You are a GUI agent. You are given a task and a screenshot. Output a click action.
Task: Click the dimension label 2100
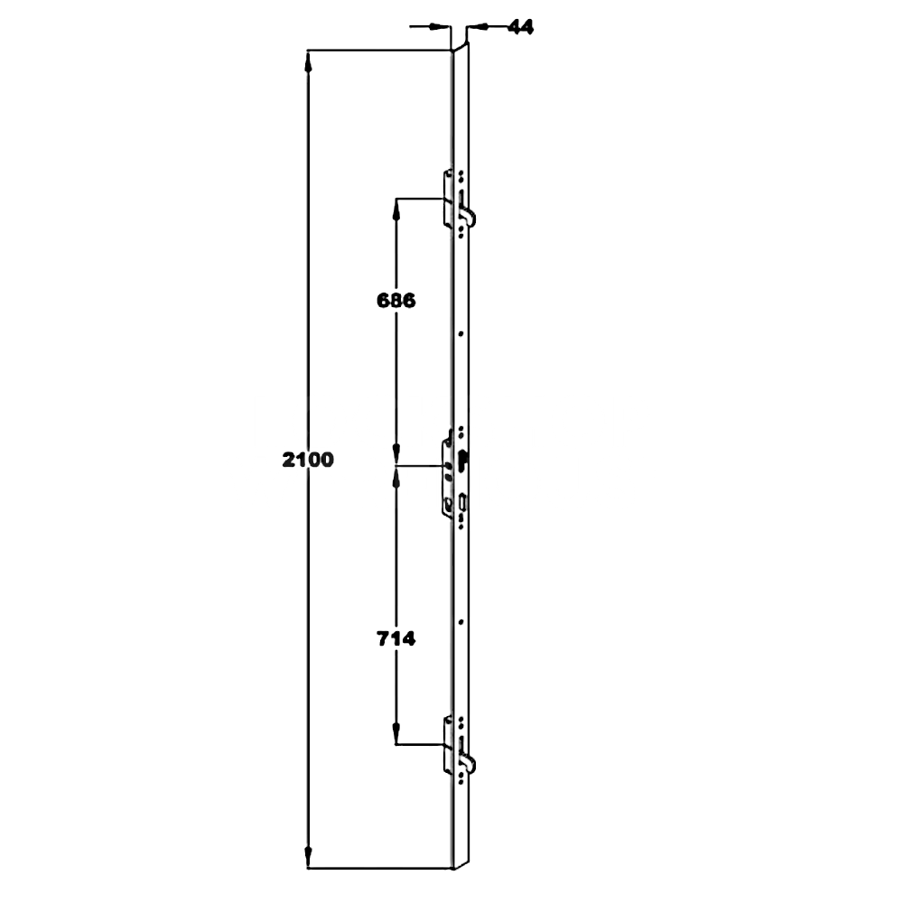(x=308, y=460)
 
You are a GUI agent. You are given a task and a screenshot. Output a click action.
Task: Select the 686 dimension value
(x=396, y=302)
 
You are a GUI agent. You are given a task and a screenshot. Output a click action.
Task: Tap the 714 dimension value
(x=396, y=639)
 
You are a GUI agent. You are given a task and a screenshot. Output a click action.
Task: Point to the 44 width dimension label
(x=519, y=27)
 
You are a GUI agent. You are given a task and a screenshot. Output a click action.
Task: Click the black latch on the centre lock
(x=463, y=458)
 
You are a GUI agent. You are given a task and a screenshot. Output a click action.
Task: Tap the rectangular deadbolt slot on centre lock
(x=462, y=499)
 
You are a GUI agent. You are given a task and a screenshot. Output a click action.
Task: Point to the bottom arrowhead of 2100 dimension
(x=309, y=858)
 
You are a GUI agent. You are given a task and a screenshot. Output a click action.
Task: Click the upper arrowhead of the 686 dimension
(x=396, y=208)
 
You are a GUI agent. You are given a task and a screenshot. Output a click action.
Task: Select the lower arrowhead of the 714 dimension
(x=396, y=734)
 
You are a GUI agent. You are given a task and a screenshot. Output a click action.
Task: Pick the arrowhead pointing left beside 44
(x=477, y=28)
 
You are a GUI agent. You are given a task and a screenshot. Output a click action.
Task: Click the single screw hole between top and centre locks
(x=461, y=335)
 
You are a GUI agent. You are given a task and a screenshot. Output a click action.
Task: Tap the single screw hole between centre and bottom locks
(x=461, y=622)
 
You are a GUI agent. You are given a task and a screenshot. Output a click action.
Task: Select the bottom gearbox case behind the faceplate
(x=448, y=745)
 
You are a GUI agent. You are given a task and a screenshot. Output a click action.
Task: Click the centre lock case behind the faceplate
(x=447, y=476)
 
